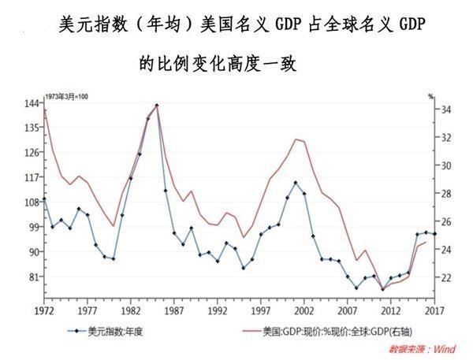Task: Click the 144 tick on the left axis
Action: pos(32,103)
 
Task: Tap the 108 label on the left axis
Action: pos(32,202)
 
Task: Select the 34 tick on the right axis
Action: pos(444,109)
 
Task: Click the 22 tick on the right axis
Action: pos(444,277)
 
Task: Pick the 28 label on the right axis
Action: pos(444,194)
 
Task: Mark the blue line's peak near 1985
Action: pos(156,106)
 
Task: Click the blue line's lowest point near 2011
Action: pos(382,289)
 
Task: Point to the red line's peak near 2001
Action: pos(296,139)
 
